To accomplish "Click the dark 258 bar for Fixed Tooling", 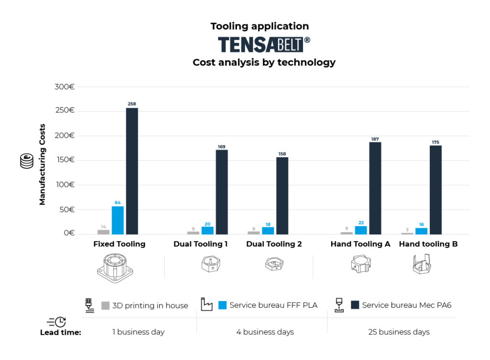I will pos(132,171).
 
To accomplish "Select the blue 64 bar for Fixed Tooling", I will pos(118,220).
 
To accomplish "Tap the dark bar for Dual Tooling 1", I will pos(222,192).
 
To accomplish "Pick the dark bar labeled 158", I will pos(282,195).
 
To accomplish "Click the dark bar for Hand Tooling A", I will pos(375,188).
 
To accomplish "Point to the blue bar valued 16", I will pos(421,231).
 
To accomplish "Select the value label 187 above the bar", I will pos(375,139).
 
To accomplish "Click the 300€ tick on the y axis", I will pos(65,87).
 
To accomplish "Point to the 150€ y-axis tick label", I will pos(65,160).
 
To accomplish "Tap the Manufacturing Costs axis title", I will pos(43,165).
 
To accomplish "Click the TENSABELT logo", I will pos(264,45).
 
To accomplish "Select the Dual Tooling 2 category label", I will pos(274,244).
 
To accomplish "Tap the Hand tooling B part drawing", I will pos(422,265).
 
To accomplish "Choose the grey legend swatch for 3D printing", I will pos(106,305).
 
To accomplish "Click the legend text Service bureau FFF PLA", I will pos(273,305).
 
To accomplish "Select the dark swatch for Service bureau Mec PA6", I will pos(355,305).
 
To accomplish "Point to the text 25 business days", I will pos(399,332).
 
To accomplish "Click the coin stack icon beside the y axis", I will pos(27,161).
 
